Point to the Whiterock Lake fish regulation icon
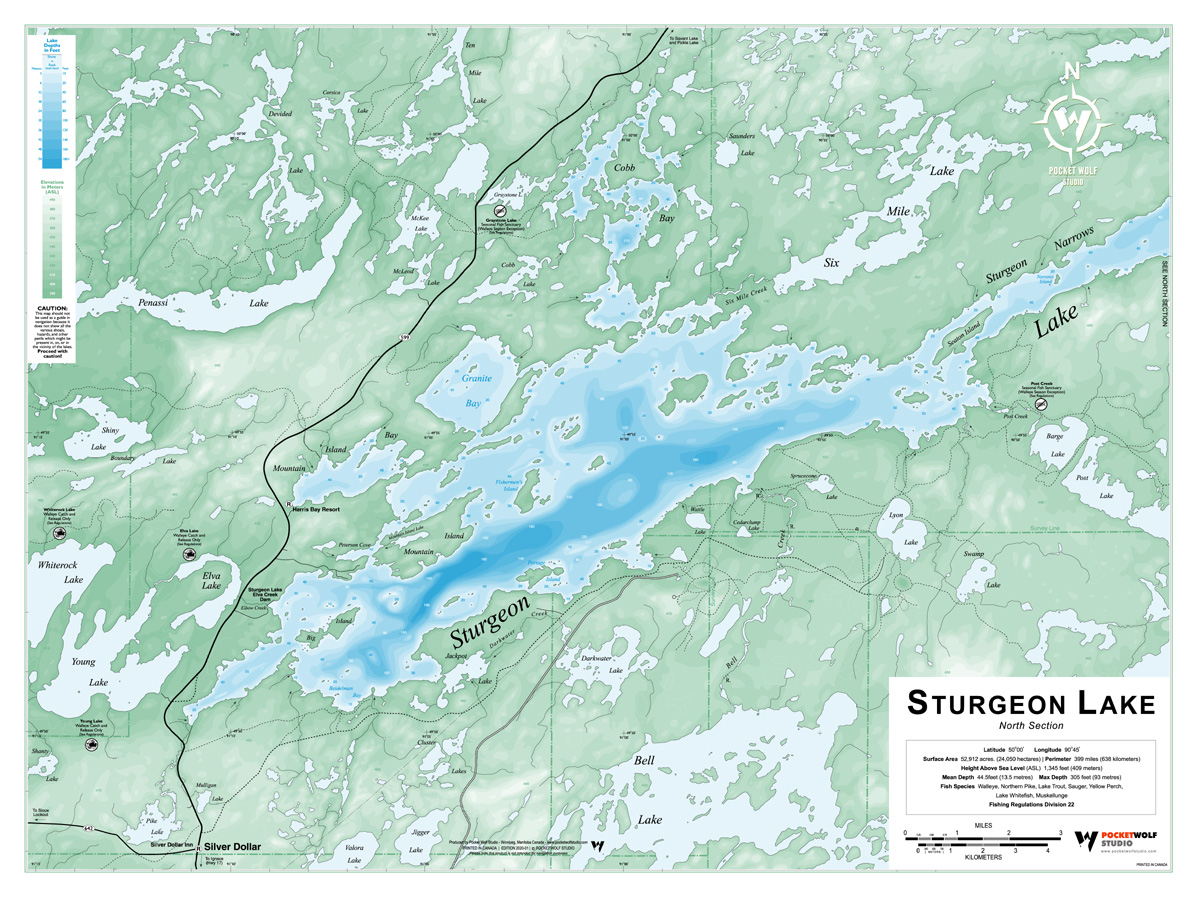(60, 534)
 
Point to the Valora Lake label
(354, 848)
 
